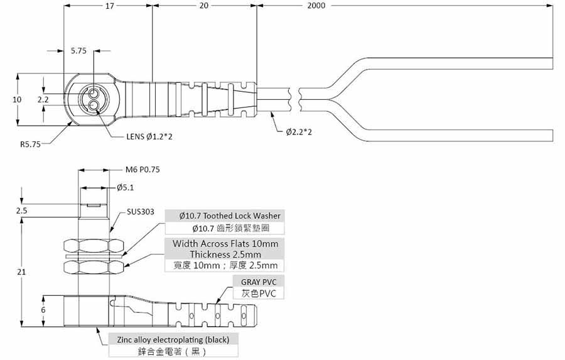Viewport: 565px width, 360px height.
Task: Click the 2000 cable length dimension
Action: click(x=317, y=6)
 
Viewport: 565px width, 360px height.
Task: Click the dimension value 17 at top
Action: click(x=109, y=6)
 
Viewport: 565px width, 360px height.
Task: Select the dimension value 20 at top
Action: click(x=203, y=6)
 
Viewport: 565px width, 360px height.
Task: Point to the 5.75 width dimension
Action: click(x=78, y=51)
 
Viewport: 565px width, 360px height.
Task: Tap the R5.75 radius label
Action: click(x=30, y=144)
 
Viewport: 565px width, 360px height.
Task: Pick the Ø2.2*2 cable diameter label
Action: click(x=299, y=132)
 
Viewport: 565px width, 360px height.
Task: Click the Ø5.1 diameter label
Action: click(x=125, y=187)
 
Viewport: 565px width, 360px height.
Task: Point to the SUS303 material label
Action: click(x=140, y=212)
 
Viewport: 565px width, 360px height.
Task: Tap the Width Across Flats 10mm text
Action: click(x=225, y=243)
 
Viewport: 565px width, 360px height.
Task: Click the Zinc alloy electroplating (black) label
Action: click(x=173, y=339)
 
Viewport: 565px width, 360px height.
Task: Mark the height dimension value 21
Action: click(x=22, y=271)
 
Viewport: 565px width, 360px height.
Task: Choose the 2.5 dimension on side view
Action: click(x=22, y=211)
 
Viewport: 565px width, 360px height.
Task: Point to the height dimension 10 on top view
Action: click(x=17, y=99)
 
